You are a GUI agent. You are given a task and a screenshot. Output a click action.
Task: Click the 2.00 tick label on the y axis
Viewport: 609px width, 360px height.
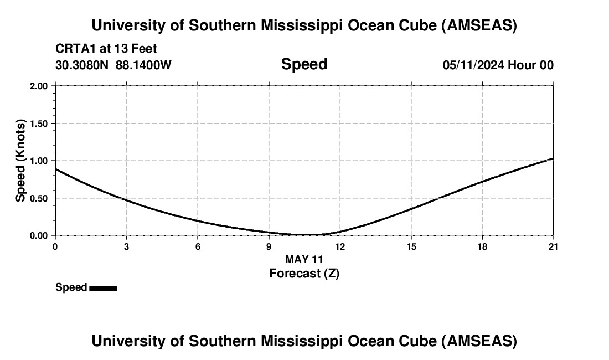(x=39, y=86)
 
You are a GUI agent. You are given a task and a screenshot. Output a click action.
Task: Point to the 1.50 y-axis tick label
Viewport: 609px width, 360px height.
(x=39, y=124)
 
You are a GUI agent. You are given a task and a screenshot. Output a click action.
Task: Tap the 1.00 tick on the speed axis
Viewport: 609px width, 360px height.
(x=39, y=161)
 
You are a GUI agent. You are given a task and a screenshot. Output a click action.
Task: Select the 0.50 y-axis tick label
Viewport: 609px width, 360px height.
(x=39, y=198)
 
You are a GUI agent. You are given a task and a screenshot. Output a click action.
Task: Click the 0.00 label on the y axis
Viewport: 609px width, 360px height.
(x=39, y=235)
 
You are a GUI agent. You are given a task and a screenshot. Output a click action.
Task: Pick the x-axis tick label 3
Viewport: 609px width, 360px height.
(x=126, y=246)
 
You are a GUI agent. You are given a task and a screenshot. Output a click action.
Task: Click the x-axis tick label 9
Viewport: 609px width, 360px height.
(x=269, y=246)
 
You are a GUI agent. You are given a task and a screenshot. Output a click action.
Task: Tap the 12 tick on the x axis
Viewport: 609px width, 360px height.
(x=340, y=246)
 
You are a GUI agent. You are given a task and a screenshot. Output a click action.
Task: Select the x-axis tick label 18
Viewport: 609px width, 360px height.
(x=482, y=246)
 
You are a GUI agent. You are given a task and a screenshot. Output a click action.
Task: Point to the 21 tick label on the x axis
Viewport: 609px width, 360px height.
(x=553, y=246)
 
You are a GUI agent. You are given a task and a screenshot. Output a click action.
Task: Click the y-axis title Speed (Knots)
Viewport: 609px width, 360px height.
(x=20, y=161)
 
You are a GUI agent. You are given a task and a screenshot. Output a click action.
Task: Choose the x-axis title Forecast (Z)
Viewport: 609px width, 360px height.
(x=304, y=273)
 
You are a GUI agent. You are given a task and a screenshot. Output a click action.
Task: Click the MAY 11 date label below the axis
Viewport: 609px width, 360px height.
(x=304, y=259)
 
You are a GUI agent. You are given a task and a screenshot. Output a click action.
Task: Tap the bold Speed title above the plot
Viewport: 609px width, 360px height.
(x=304, y=64)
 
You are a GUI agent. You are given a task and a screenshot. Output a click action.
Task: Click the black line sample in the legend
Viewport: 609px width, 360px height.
(x=103, y=288)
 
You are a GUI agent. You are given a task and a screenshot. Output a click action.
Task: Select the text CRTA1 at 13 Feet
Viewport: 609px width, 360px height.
(x=106, y=49)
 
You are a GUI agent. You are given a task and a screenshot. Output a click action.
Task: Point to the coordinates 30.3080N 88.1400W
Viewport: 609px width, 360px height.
(x=113, y=65)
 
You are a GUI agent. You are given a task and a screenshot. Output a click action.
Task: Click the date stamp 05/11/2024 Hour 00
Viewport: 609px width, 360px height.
(x=498, y=65)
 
